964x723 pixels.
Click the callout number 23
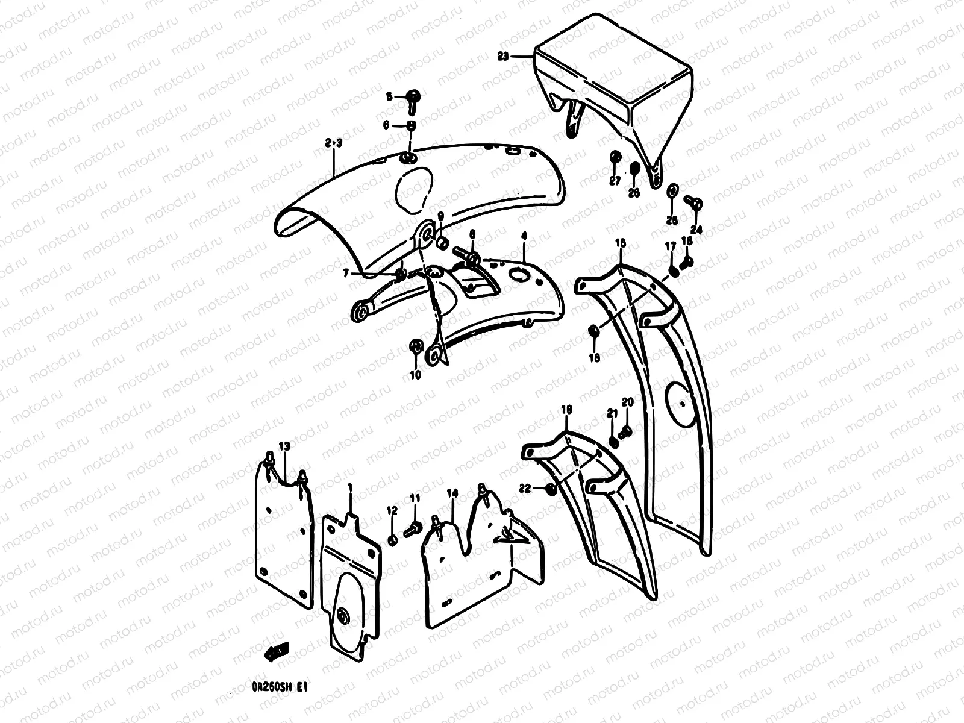pyautogui.click(x=503, y=56)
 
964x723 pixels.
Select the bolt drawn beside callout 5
pyautogui.click(x=414, y=98)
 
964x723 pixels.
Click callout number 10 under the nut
pyautogui.click(x=415, y=375)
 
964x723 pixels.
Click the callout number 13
pyautogui.click(x=284, y=446)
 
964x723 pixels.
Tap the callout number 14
pyautogui.click(x=452, y=493)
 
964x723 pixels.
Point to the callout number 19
pyautogui.click(x=566, y=410)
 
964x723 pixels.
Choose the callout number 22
pyautogui.click(x=525, y=489)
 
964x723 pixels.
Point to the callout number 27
pyautogui.click(x=615, y=181)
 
